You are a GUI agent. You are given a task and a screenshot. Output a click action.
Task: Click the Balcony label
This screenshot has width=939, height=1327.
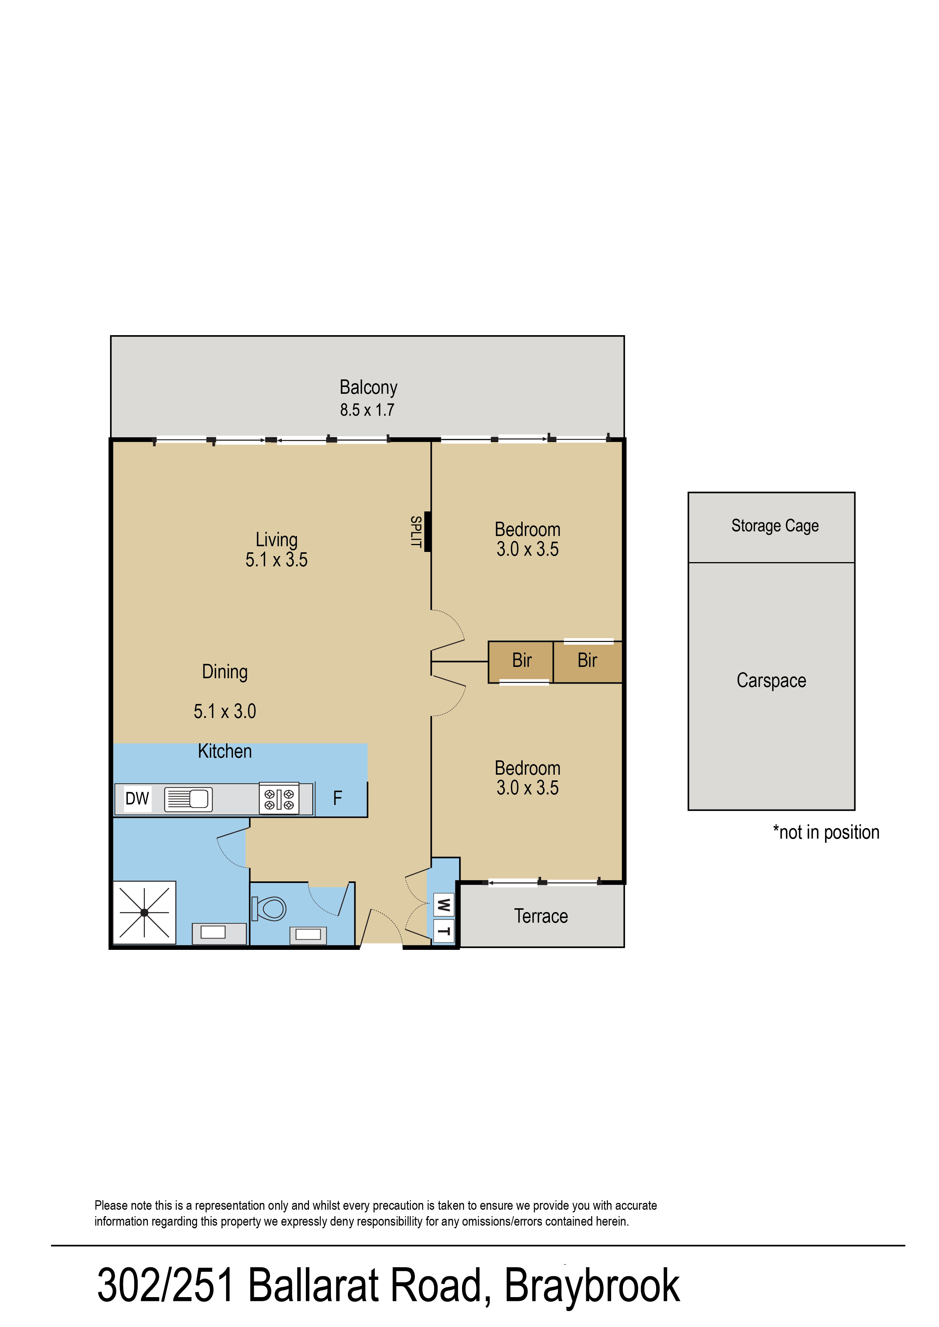click(368, 387)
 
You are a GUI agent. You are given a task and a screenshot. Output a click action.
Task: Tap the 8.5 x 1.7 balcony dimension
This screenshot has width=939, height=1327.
click(367, 410)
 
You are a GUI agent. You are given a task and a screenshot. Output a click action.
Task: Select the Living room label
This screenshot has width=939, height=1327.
click(276, 539)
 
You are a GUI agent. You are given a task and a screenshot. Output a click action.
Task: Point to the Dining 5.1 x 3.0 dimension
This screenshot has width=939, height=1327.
click(225, 711)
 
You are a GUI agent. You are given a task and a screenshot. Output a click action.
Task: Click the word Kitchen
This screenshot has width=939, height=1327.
click(225, 751)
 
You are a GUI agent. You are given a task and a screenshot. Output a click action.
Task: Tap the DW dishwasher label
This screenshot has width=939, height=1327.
click(138, 799)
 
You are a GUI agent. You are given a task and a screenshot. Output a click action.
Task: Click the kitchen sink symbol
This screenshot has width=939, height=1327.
click(188, 799)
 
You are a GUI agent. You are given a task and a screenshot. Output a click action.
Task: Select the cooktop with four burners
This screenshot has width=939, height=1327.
click(279, 799)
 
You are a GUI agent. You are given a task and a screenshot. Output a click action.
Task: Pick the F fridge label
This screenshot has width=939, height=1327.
click(338, 799)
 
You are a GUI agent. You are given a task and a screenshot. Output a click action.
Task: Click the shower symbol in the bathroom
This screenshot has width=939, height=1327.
click(144, 912)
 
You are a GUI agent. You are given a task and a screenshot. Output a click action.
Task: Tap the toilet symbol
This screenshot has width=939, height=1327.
click(269, 908)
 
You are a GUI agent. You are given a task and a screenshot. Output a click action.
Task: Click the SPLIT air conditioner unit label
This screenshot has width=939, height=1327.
click(415, 531)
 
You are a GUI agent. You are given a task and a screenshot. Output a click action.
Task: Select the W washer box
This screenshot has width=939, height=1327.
click(444, 905)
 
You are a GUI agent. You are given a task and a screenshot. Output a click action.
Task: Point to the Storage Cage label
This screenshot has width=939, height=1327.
click(775, 525)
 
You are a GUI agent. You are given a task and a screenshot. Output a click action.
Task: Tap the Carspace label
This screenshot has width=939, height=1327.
click(771, 681)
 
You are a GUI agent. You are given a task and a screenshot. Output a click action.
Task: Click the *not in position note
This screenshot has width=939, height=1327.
click(826, 832)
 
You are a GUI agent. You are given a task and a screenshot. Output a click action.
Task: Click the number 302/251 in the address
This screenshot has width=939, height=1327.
click(165, 1285)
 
